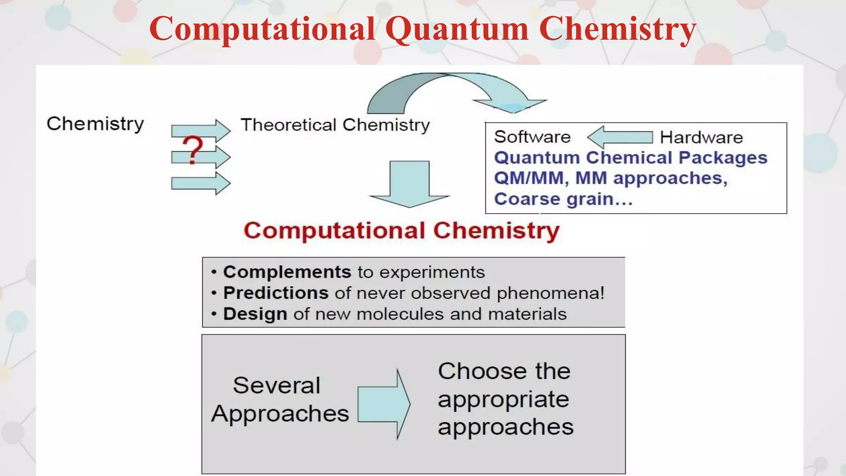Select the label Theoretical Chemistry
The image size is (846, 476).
click(335, 125)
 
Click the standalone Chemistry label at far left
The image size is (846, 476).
click(95, 124)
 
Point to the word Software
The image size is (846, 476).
click(532, 137)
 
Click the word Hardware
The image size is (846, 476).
click(701, 137)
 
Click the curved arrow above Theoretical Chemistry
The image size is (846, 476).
click(450, 91)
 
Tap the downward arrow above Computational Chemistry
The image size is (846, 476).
click(409, 184)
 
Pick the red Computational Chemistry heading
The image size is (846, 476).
click(402, 230)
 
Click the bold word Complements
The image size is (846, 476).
click(287, 272)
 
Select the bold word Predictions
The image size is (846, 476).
click(276, 293)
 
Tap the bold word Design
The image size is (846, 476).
click(255, 314)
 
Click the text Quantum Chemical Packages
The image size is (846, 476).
click(630, 158)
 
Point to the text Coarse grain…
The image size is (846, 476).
click(563, 199)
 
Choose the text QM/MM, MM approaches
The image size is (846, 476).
click(611, 178)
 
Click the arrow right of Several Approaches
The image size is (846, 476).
click(383, 404)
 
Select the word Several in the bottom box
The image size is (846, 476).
click(276, 386)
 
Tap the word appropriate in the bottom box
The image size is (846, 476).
click(503, 400)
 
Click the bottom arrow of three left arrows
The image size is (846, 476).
click(201, 183)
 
